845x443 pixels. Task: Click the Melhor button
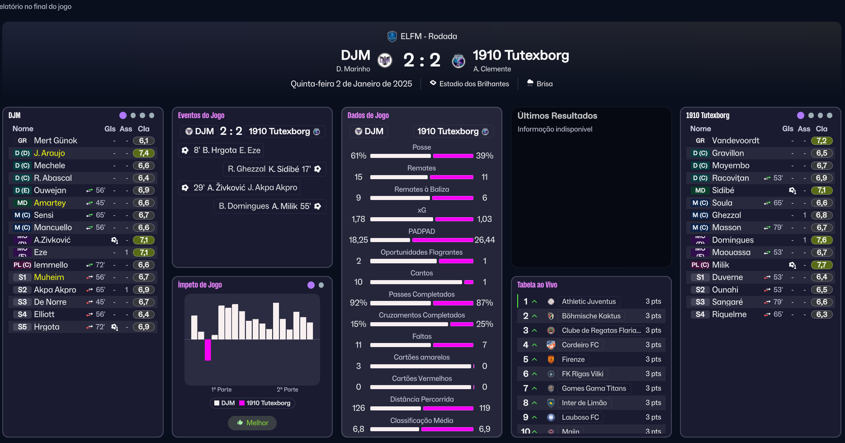(252, 423)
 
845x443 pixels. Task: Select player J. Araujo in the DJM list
(49, 153)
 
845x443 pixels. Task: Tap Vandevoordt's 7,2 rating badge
(821, 141)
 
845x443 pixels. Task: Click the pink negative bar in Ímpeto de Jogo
(208, 350)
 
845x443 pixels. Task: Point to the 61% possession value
(359, 156)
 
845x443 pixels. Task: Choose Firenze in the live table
(573, 359)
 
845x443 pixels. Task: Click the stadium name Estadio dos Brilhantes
(474, 84)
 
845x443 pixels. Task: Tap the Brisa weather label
(544, 84)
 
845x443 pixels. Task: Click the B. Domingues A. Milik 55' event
(264, 206)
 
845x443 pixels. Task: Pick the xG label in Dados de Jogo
(421, 210)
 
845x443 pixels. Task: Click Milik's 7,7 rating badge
(821, 265)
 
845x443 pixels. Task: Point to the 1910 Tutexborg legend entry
(268, 403)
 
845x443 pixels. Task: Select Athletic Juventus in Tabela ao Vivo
(589, 301)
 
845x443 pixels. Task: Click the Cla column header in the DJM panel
(143, 129)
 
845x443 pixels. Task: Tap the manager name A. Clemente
(492, 69)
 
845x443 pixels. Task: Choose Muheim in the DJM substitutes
(49, 277)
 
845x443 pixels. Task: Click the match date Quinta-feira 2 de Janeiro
(351, 84)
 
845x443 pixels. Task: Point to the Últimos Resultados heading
(557, 116)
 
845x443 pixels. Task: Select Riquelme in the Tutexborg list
(729, 314)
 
